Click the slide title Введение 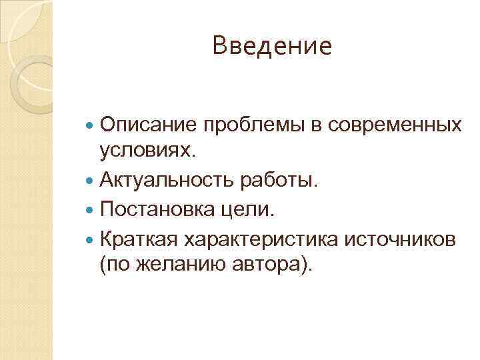pos(271,46)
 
